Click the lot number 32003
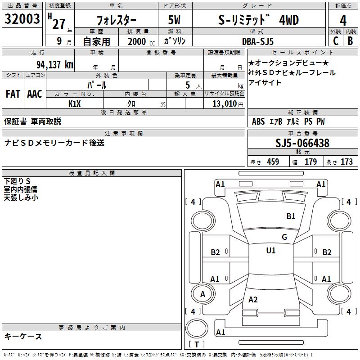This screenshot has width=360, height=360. point(22,19)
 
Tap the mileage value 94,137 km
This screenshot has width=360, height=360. point(55,65)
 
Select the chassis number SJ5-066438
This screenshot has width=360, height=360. point(302,143)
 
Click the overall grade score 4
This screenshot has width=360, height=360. point(343,21)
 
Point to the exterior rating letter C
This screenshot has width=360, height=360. point(336,41)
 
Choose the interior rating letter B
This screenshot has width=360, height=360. point(351,41)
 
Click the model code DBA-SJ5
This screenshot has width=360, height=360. point(258,41)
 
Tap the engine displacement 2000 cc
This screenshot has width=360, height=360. point(141,41)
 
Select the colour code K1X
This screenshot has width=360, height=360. point(75,104)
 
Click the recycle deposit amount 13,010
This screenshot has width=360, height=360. point(225,104)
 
